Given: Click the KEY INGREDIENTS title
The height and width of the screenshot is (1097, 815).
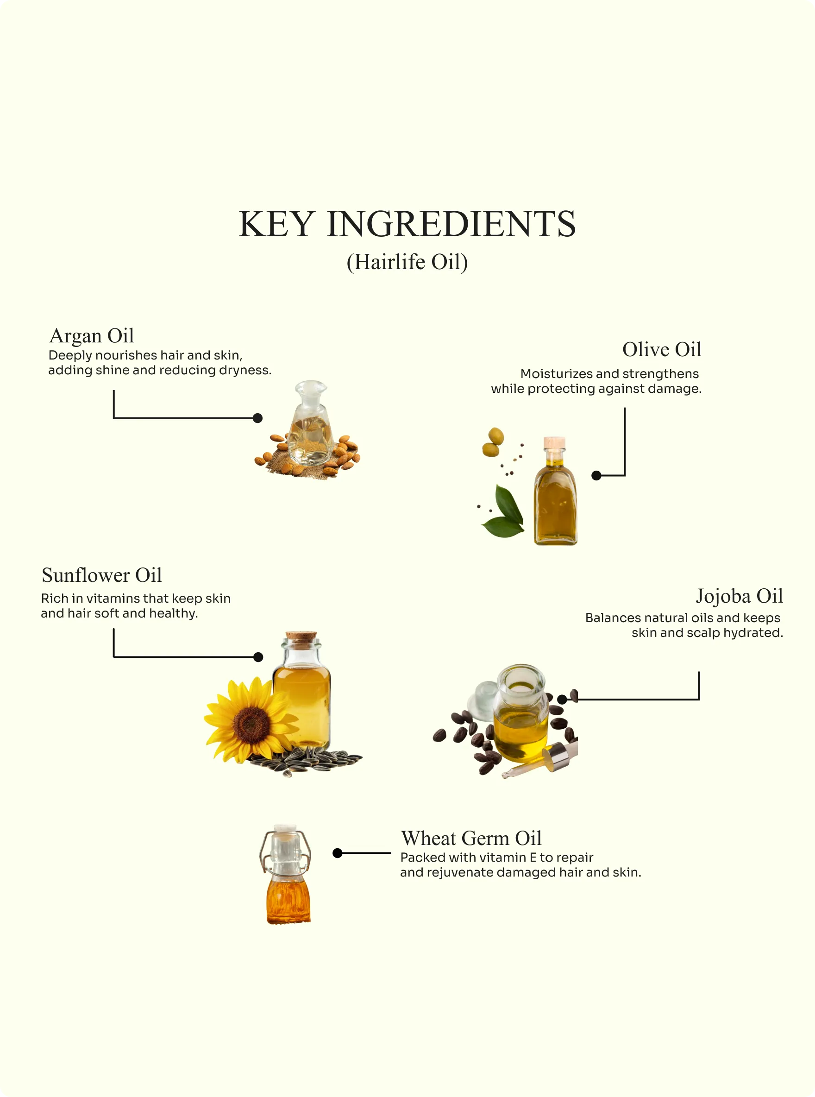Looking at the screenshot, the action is tap(407, 224).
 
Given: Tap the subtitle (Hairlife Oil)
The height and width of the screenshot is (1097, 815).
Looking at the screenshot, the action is tap(407, 262).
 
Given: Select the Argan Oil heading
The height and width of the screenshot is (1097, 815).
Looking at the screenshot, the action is tap(92, 336).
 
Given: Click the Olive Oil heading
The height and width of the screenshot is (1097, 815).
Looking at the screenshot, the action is tap(662, 349).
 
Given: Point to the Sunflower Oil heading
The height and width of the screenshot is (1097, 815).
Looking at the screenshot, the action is tap(101, 575).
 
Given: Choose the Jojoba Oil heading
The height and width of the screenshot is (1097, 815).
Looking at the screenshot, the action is tap(739, 596).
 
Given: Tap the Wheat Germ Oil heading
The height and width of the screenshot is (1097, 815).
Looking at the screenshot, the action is tap(471, 838).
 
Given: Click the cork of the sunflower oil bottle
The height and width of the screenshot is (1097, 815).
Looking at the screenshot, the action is tap(301, 637).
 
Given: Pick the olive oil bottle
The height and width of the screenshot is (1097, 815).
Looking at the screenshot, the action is tap(555, 491).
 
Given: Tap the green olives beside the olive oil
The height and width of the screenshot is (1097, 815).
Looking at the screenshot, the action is tap(493, 443).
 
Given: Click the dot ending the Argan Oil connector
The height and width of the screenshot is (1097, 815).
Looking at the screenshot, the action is tap(257, 418).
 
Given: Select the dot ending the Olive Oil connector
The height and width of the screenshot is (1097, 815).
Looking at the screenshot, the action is tap(596, 476).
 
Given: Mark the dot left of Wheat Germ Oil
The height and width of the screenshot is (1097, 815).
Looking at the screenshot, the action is tap(338, 853).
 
